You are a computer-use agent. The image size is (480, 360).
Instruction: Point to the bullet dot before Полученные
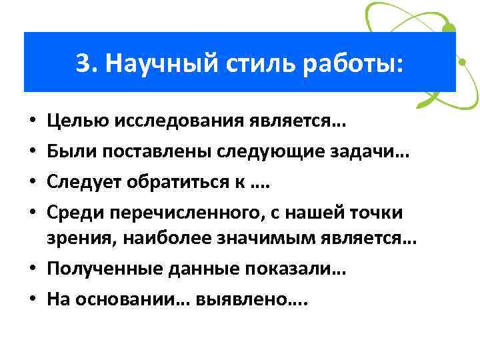point(32,270)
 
